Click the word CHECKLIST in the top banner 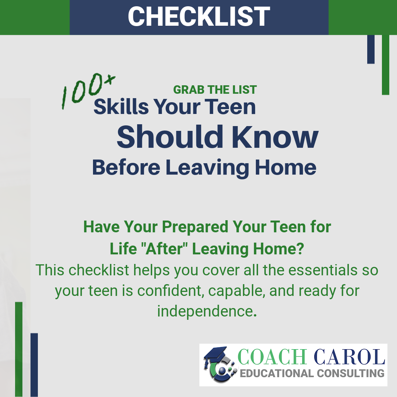(x=199, y=16)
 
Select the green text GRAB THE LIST (x=215, y=90)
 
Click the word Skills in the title (x=121, y=107)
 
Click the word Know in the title (x=275, y=137)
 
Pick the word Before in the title (x=126, y=167)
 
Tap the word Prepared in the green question (x=195, y=227)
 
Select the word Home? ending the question (x=279, y=248)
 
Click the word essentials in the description (x=323, y=270)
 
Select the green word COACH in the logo (x=272, y=357)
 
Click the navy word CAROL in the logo (x=350, y=357)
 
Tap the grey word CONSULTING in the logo (x=351, y=373)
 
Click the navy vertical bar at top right (x=371, y=49)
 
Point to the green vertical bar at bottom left (x=19, y=350)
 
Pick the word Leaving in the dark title (x=207, y=167)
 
